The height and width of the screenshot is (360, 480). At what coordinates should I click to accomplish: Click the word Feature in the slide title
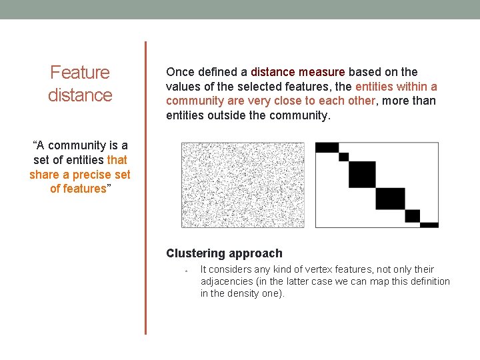pyautogui.click(x=80, y=72)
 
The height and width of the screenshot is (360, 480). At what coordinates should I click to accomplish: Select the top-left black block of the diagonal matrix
pyautogui.click(x=327, y=147)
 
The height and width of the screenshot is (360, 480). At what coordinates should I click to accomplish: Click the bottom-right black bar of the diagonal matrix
pyautogui.click(x=429, y=225)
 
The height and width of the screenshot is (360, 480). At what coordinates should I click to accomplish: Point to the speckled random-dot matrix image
pyautogui.click(x=243, y=185)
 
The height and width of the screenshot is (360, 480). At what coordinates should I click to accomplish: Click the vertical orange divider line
pyautogui.click(x=145, y=187)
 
